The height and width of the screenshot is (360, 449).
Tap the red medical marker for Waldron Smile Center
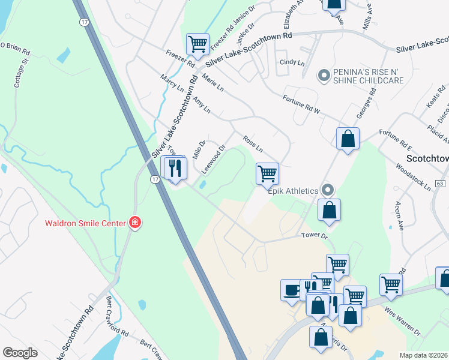[x=136, y=223]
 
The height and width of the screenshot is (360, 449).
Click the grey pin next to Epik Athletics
[x=328, y=190]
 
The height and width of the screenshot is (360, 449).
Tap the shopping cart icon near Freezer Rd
[x=197, y=44]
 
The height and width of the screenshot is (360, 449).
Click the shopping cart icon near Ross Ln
[x=267, y=174]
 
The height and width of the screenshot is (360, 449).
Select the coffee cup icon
[x=292, y=289]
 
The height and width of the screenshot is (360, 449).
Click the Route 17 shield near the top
[x=83, y=22]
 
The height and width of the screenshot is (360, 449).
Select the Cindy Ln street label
[x=292, y=62]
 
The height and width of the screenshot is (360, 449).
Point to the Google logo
[x=20, y=352]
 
